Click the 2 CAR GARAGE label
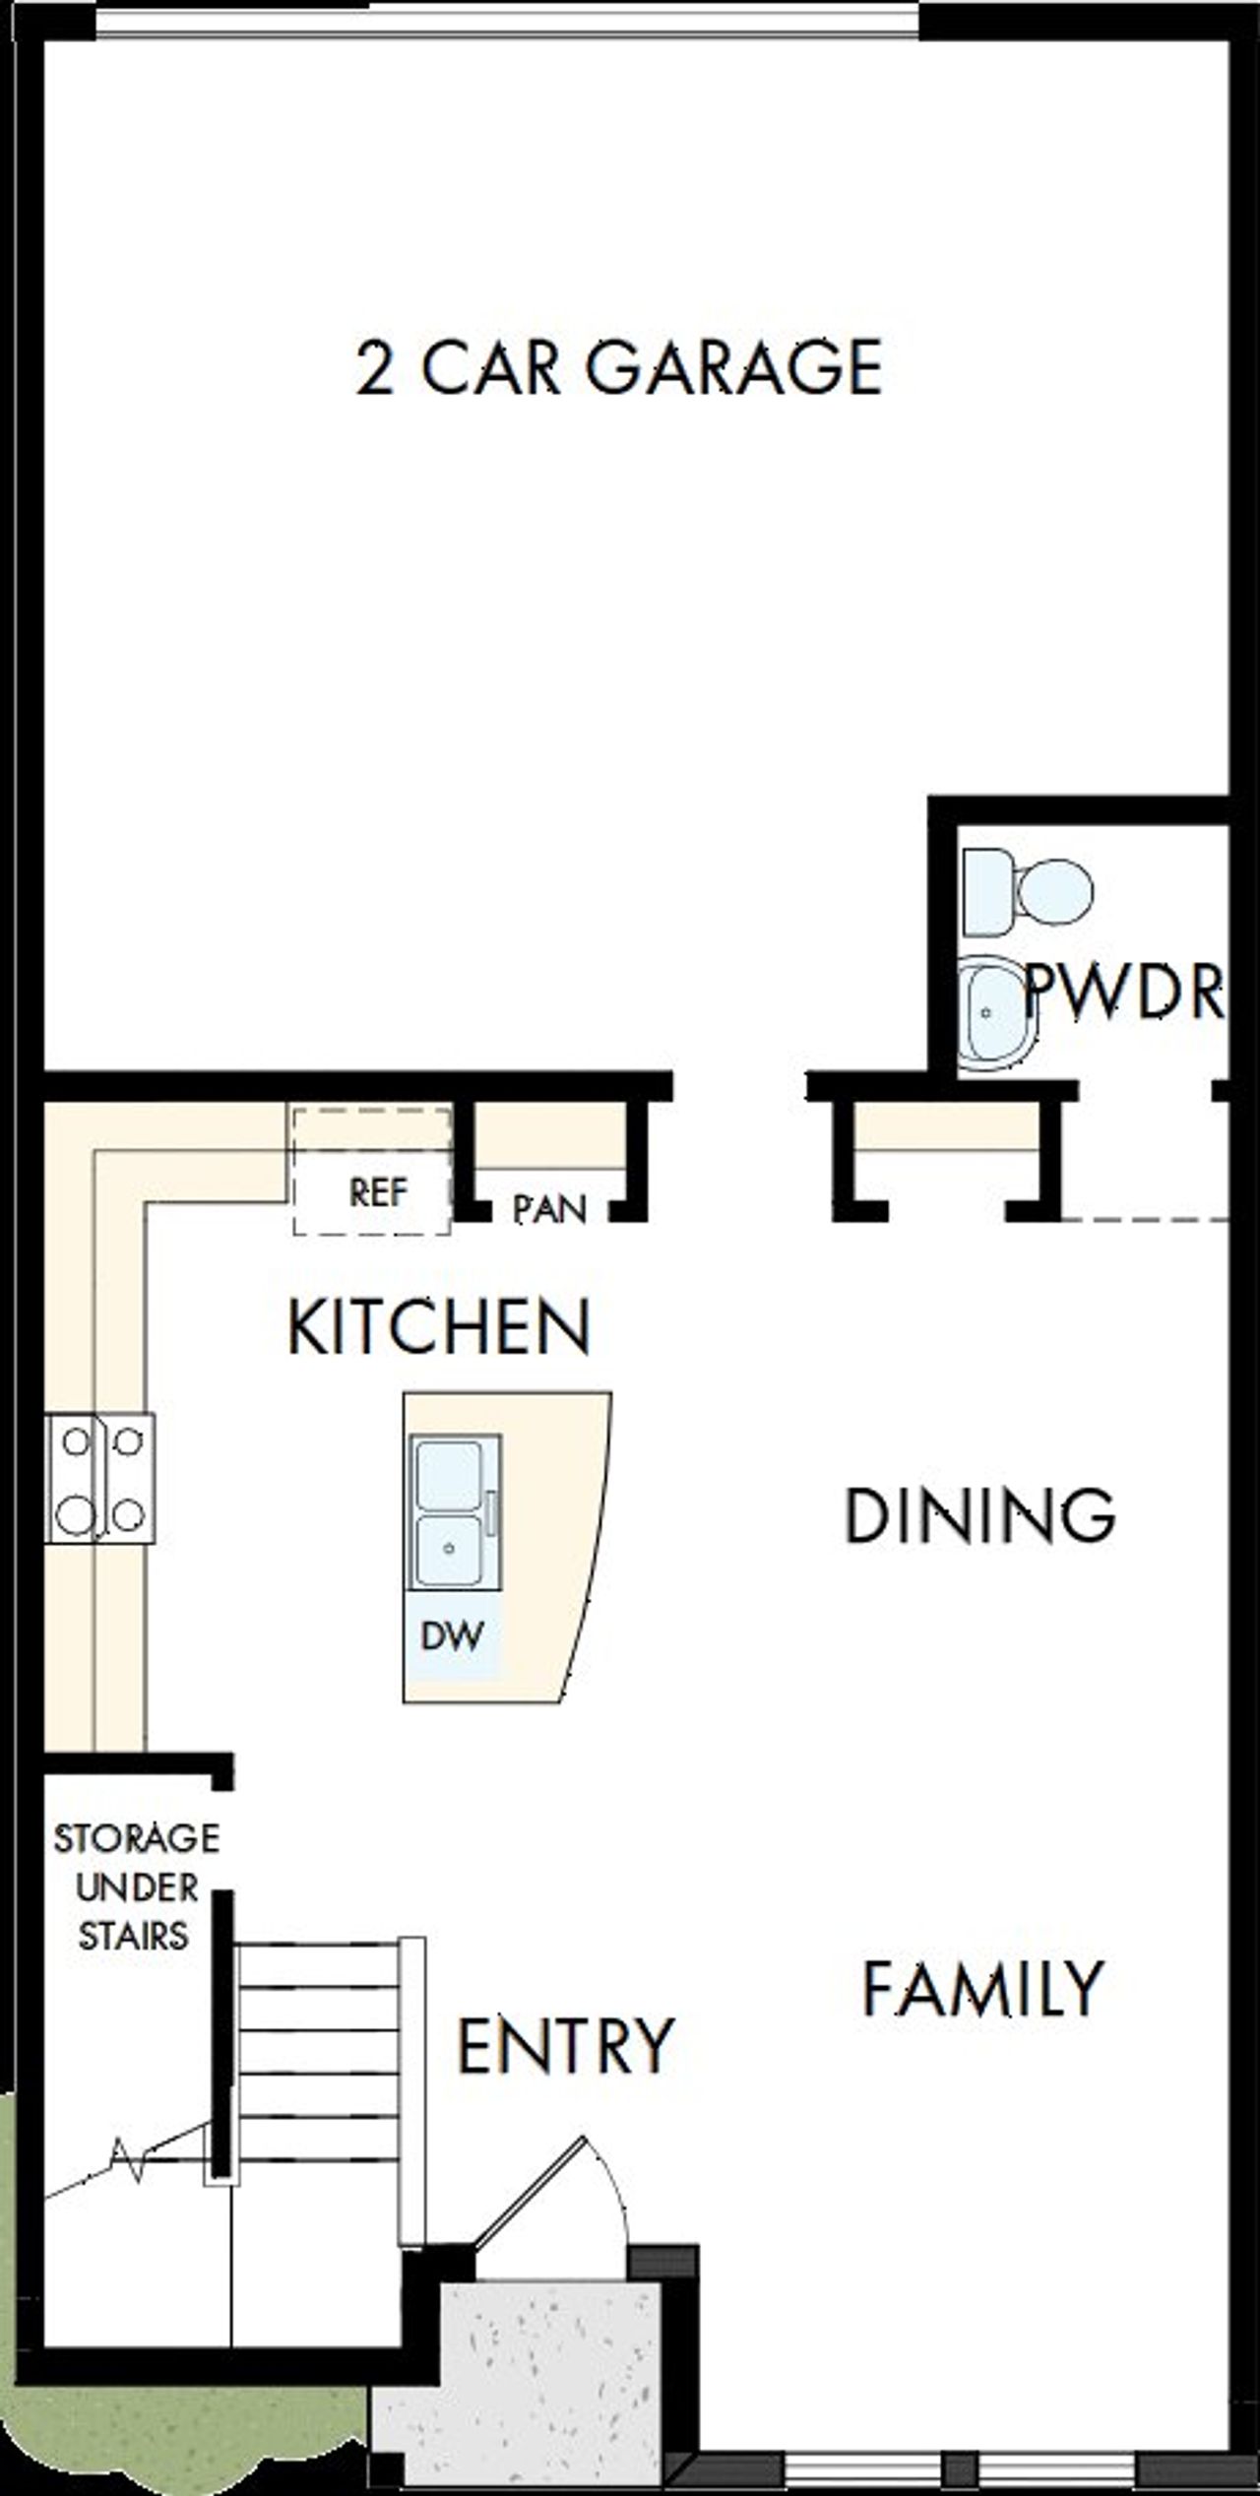point(618,368)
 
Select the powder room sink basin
point(994,1014)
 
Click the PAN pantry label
point(549,1209)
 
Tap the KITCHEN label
point(439,1327)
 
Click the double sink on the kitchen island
point(450,1512)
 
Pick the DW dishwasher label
point(452,1635)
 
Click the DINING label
point(979,1515)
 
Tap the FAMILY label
point(982,1989)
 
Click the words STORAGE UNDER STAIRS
point(135,1888)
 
